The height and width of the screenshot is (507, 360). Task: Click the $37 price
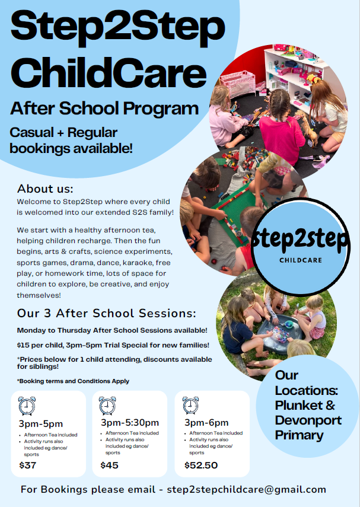27,465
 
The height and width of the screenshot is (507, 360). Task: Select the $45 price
110,465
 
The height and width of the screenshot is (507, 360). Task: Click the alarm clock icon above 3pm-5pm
27,406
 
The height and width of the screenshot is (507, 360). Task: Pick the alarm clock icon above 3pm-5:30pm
107,406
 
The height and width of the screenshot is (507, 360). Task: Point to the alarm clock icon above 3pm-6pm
190,406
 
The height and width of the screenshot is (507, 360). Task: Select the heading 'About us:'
45,189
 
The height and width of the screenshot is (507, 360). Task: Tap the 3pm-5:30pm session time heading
129,423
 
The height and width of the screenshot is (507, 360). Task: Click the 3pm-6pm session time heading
206,423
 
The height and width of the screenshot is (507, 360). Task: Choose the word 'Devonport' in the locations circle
308,420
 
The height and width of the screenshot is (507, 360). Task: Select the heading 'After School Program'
104,109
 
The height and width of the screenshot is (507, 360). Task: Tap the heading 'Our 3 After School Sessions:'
107,313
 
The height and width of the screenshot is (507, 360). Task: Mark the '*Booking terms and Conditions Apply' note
73,381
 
